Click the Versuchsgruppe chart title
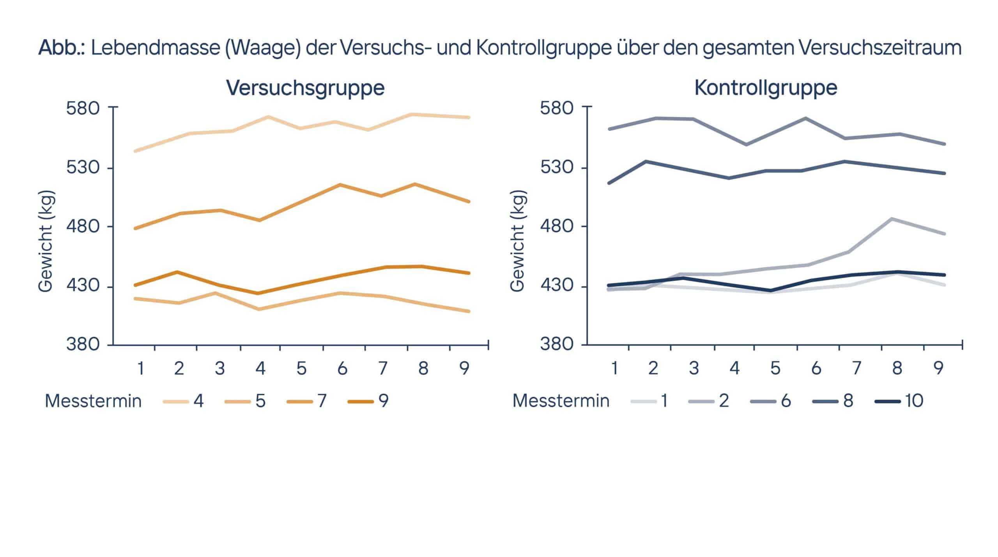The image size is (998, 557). tap(305, 88)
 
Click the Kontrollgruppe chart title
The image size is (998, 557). tap(766, 88)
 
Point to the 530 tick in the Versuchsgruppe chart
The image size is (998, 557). tap(83, 167)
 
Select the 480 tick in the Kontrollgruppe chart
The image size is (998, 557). tap(557, 226)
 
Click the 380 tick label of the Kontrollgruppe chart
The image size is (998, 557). tap(557, 344)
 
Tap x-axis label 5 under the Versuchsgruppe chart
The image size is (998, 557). tap(301, 368)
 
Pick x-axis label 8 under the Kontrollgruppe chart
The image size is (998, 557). tap(897, 368)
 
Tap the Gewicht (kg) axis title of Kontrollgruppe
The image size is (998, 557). tap(517, 241)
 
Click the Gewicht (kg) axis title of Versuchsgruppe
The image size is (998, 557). tap(46, 241)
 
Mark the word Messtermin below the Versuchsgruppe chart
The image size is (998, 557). tap(93, 401)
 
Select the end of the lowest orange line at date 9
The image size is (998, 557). tap(469, 311)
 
